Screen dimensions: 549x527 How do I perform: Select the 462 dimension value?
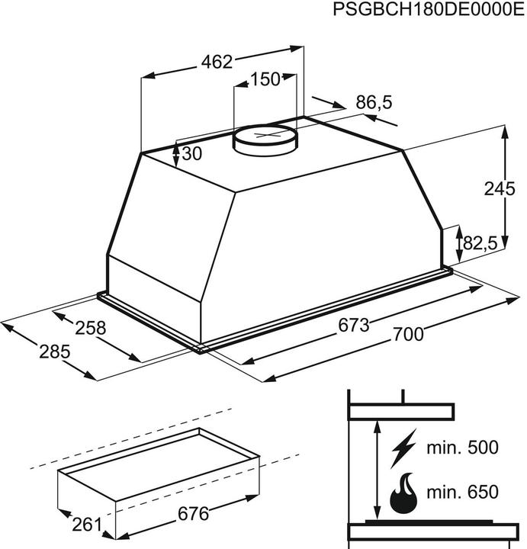[x=217, y=63]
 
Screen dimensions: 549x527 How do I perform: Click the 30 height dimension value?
[x=192, y=154]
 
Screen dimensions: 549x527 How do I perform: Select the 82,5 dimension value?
[x=480, y=243]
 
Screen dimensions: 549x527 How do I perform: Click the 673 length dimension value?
[x=354, y=325]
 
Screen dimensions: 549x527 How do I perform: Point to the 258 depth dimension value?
[x=90, y=329]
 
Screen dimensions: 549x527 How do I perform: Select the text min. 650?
[x=461, y=491]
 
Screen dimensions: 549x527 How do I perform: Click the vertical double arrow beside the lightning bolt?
[x=377, y=473]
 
